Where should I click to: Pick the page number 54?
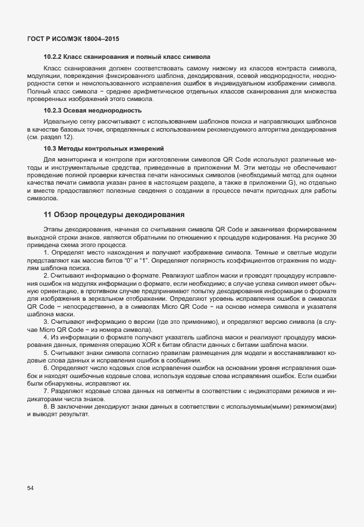(x=31, y=488)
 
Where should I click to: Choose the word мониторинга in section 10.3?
(x=75, y=159)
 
